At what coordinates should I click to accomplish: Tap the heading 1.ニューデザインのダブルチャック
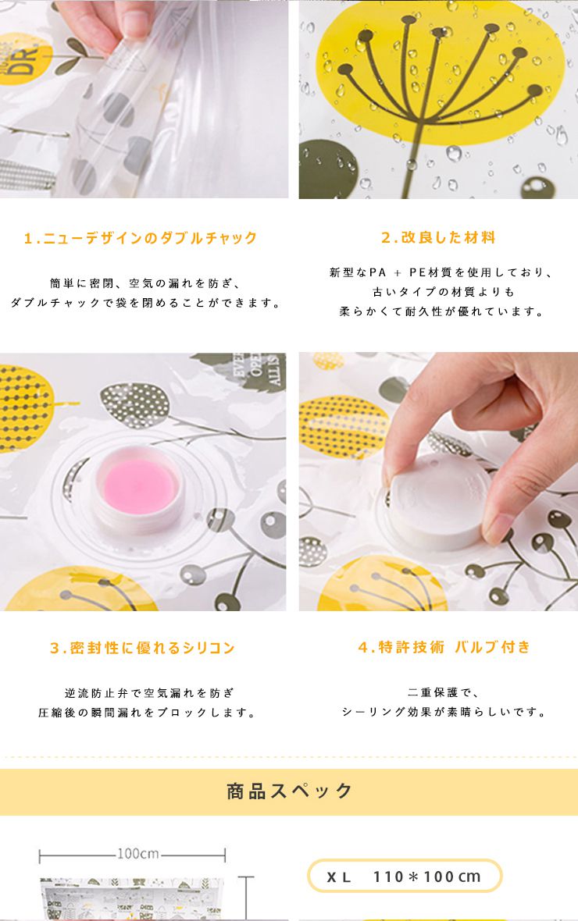coord(141,238)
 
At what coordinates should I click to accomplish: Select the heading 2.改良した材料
coord(438,237)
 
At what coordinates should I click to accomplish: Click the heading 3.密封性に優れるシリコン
coord(142,648)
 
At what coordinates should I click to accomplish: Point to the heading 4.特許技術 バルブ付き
coord(444,647)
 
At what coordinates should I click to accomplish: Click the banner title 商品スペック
coord(289,791)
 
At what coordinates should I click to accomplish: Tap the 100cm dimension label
coord(137,853)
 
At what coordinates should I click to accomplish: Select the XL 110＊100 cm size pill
coord(405,877)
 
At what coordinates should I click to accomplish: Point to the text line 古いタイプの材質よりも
coord(444,292)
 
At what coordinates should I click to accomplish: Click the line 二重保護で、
coord(444,693)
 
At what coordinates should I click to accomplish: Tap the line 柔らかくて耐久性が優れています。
coord(443,311)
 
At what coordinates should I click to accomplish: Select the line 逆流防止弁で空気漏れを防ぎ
coord(148,693)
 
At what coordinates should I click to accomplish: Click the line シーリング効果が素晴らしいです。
coord(444,712)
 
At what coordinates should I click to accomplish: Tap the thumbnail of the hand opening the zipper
coord(144,99)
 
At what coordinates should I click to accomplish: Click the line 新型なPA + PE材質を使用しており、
coord(441,272)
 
